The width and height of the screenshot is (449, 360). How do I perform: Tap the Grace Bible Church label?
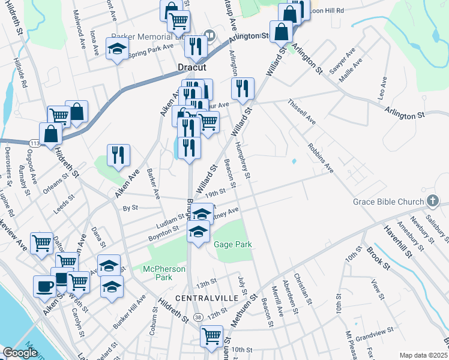pyautogui.click(x=388, y=202)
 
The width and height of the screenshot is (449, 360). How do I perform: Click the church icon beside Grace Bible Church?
pyautogui.click(x=432, y=201)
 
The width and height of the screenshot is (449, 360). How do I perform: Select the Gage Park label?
pyautogui.click(x=232, y=244)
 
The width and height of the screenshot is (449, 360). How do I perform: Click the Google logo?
pyautogui.click(x=20, y=353)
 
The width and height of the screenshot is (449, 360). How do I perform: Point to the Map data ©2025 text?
pyautogui.click(x=423, y=355)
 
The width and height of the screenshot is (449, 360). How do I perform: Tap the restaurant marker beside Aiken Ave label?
pyautogui.click(x=118, y=155)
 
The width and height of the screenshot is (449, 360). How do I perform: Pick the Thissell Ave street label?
pyautogui.click(x=302, y=112)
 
